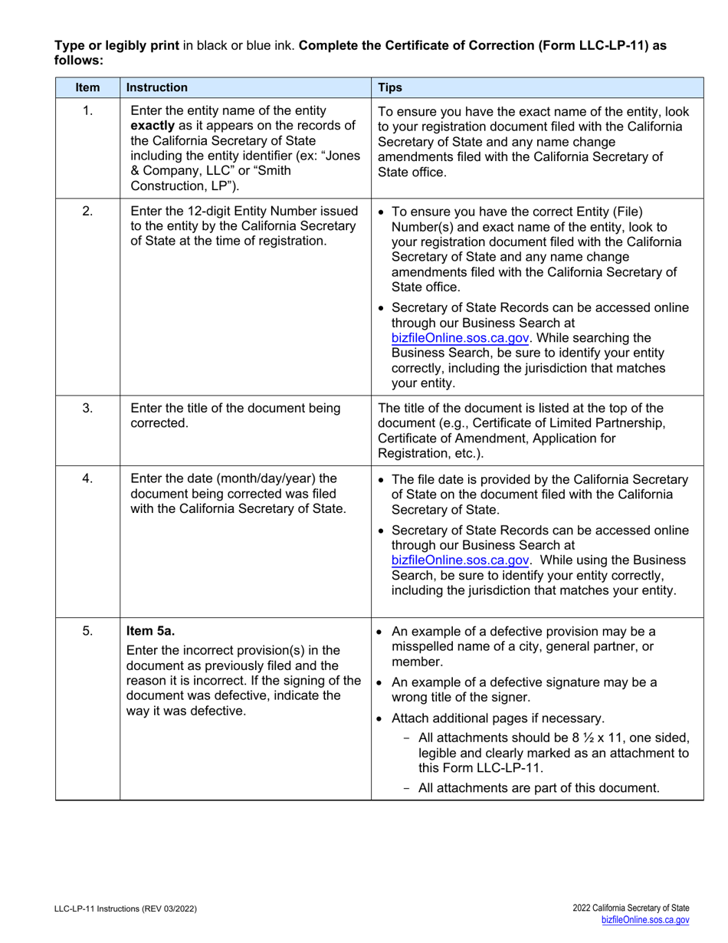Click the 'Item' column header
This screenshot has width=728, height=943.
tap(87, 87)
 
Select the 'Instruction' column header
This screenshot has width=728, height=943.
tap(157, 87)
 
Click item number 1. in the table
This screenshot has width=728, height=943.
tap(87, 111)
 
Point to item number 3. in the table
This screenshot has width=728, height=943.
tap(87, 408)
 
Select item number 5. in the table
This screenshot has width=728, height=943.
tap(87, 632)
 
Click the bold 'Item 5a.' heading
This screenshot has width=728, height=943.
tap(150, 632)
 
